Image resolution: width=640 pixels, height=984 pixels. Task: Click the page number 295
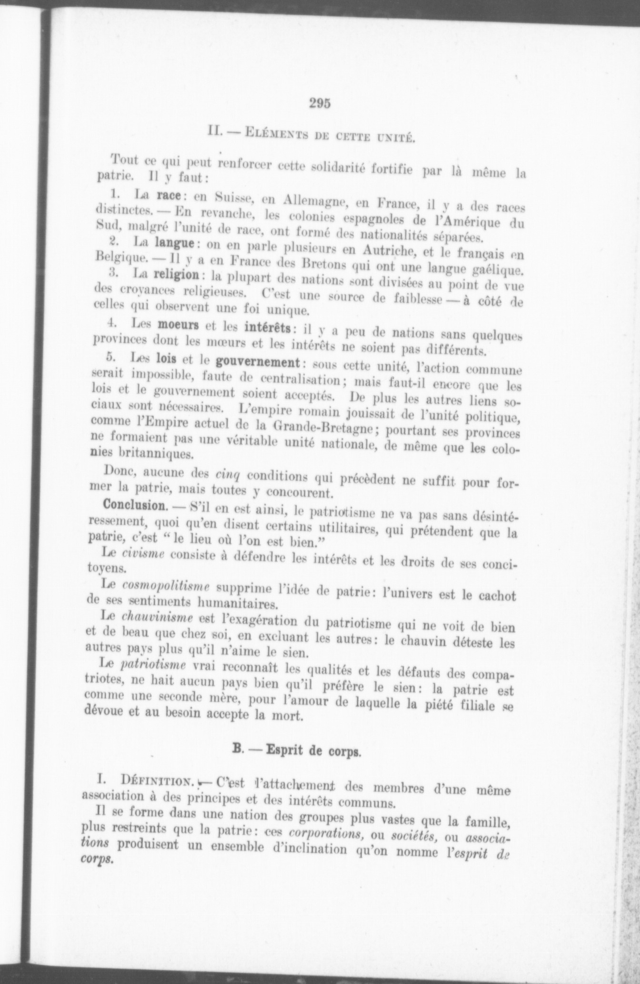tap(320, 103)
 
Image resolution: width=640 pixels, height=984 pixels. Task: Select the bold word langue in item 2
tap(174, 243)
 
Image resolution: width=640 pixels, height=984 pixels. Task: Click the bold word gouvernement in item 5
tap(257, 362)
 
